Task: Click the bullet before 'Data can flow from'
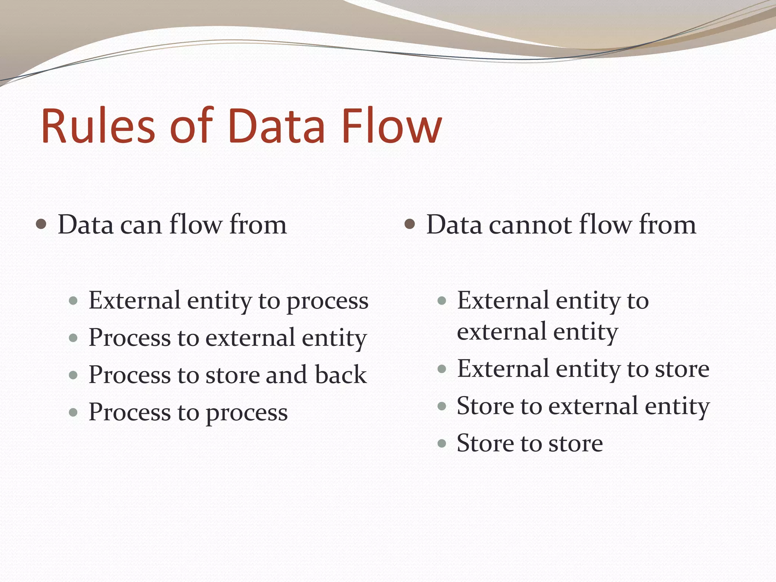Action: click(41, 224)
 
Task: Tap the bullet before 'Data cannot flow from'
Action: click(410, 224)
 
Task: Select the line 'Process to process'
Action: click(188, 412)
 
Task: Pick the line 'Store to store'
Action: click(529, 443)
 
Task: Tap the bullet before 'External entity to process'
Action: click(74, 301)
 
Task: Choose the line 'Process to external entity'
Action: click(227, 338)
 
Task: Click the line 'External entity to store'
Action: click(583, 369)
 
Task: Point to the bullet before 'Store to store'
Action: click(442, 443)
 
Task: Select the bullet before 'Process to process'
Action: click(74, 412)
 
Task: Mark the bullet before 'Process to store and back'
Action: click(74, 375)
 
